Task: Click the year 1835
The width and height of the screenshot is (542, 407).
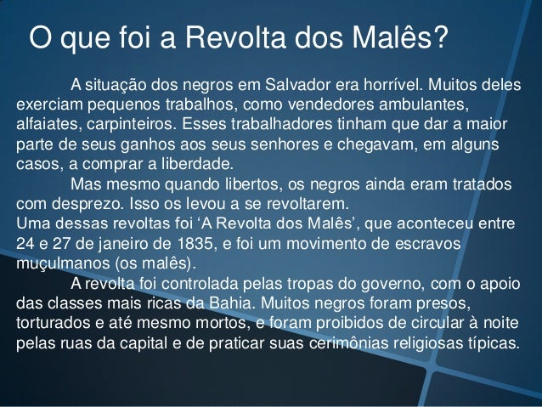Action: pos(189,243)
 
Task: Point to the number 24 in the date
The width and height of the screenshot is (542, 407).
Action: pos(25,243)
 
